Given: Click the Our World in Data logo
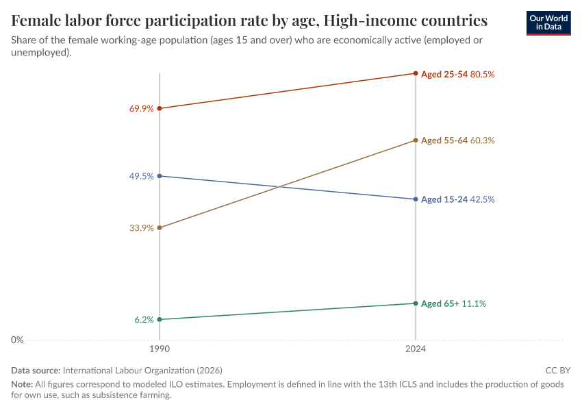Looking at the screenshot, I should point(548,23).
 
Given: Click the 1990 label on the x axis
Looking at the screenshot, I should point(160,349).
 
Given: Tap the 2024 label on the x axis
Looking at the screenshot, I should point(415,349).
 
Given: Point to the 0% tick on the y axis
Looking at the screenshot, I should point(18,340).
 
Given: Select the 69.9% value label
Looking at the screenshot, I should point(141,109).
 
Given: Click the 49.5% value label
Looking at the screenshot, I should point(141,176).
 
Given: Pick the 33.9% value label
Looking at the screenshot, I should point(141,228).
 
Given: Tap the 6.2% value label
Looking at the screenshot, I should point(144,320).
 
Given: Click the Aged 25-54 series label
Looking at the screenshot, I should point(444,74).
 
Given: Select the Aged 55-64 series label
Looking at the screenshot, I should point(444,140).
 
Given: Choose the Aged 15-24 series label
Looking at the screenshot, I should point(444,199).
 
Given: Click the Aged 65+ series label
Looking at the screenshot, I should point(440,303).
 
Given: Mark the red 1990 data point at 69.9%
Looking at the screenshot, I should point(160,108).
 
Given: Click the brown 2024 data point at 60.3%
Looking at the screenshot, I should point(415,140).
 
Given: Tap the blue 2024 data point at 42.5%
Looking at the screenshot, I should point(415,199).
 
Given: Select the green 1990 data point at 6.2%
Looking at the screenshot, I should point(160,319).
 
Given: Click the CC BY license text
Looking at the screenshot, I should point(557,370).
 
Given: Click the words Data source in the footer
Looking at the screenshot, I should point(36,370).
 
